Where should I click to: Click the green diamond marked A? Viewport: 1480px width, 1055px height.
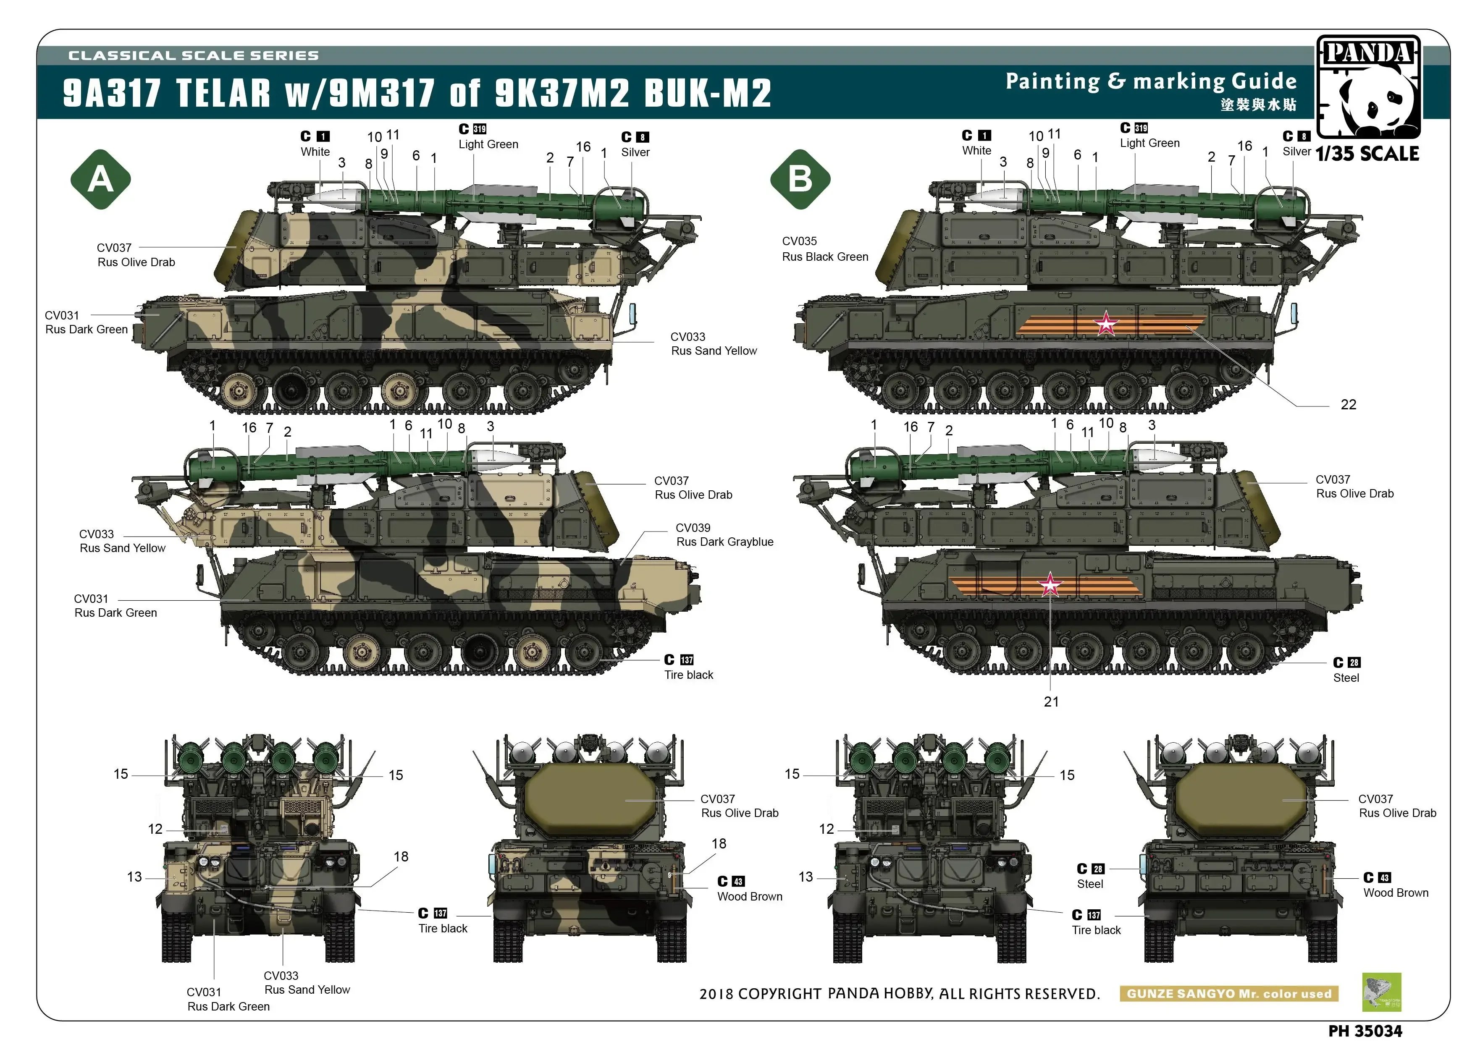(x=101, y=179)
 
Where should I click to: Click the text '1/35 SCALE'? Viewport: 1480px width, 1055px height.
(x=1367, y=154)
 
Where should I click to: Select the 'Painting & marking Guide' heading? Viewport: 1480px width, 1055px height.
(x=1151, y=82)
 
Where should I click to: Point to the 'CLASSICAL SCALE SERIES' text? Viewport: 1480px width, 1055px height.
(x=194, y=56)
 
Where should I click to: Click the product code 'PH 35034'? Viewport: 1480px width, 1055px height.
(x=1365, y=1031)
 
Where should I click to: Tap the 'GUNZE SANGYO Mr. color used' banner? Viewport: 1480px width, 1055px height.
(x=1228, y=994)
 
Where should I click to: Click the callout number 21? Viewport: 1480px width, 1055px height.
(x=1051, y=702)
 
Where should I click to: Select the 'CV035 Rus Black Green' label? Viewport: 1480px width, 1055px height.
(x=824, y=249)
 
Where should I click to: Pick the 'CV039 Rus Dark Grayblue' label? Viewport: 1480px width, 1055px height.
(x=724, y=535)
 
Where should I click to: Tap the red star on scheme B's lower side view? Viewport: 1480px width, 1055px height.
(x=1050, y=585)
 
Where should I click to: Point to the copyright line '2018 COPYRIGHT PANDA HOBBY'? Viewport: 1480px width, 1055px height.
(x=899, y=994)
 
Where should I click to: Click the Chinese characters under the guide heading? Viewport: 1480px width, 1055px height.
(x=1258, y=105)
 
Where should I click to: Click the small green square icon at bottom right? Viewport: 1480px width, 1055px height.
(x=1381, y=992)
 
